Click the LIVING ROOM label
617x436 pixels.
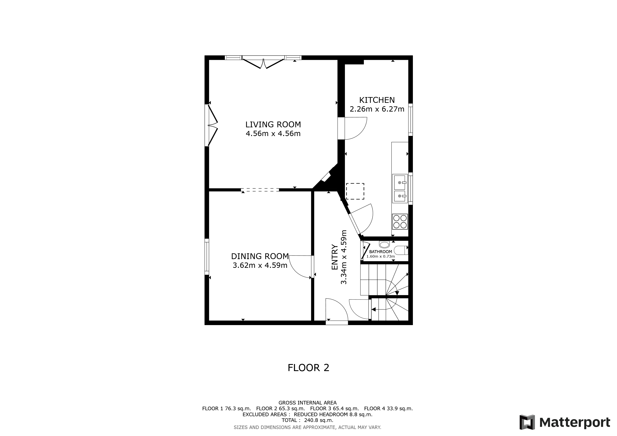tap(273, 125)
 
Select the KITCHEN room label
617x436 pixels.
tap(377, 100)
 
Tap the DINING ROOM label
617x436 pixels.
tap(260, 256)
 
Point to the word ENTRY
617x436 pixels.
tap(334, 257)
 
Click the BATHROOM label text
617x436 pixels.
tap(381, 252)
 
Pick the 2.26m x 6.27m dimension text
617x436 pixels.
tap(377, 109)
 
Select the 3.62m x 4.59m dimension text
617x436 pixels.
tap(260, 265)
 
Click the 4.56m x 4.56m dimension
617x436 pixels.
tap(273, 134)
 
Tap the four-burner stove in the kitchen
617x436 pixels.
tap(400, 221)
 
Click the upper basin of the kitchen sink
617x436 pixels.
tap(400, 182)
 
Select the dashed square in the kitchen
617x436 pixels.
tap(355, 191)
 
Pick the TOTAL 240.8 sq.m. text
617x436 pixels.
tap(307, 420)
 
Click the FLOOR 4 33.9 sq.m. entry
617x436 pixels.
tap(388, 408)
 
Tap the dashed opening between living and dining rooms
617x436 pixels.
tap(260, 190)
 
